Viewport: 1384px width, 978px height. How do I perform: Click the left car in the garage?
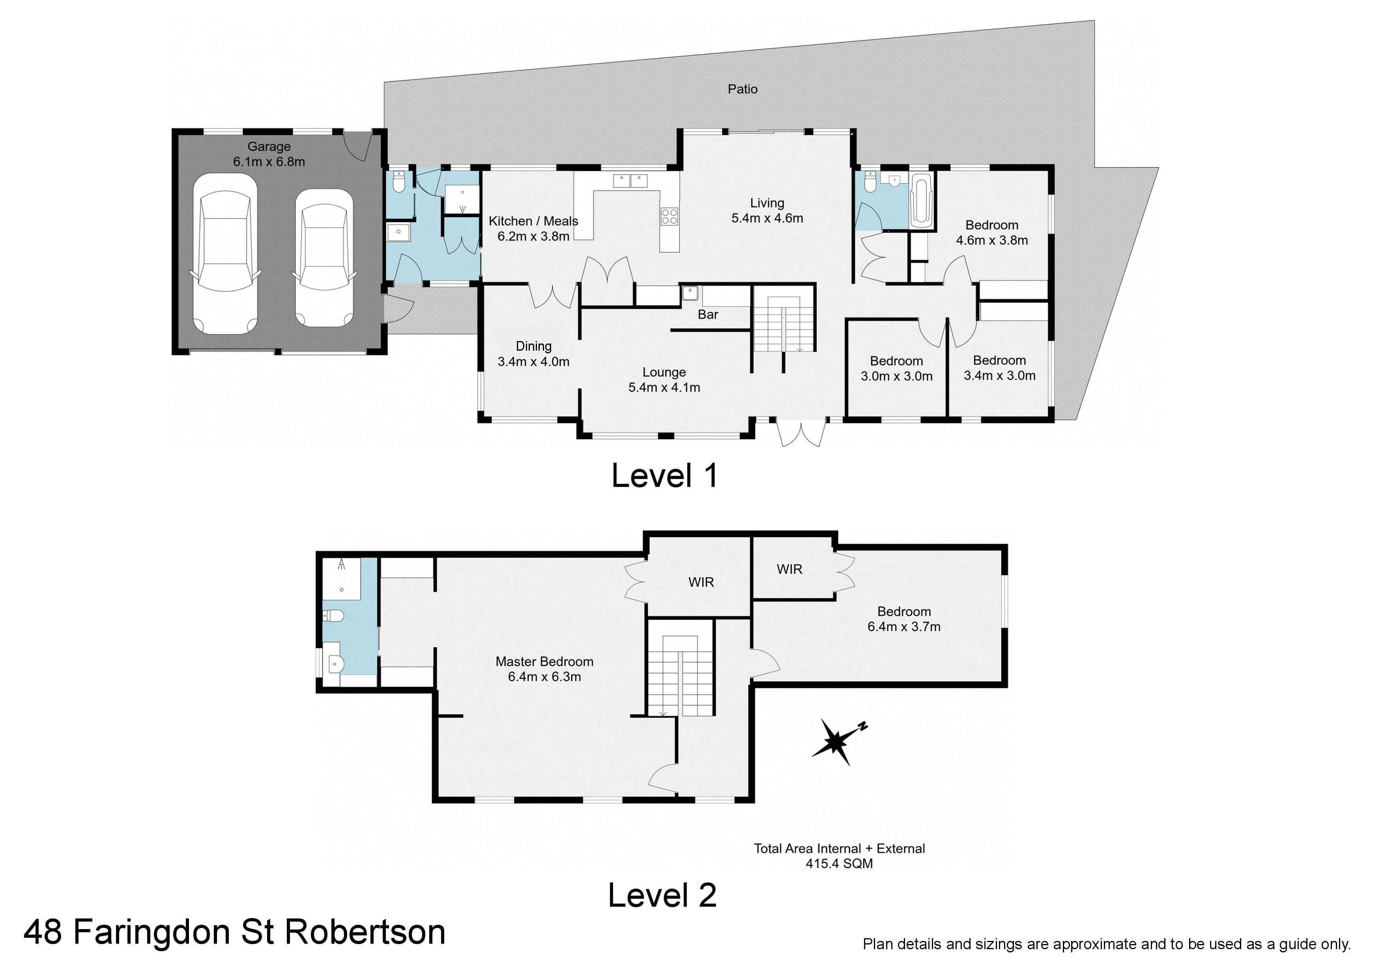point(225,254)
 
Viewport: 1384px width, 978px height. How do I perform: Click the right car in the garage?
point(324,258)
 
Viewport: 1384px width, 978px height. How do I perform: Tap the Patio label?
point(742,89)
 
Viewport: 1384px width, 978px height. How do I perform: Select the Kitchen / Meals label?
point(533,221)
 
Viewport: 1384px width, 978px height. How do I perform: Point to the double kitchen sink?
point(630,180)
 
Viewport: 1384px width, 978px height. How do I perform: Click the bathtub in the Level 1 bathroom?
point(921,200)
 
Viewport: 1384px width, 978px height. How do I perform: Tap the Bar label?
point(708,315)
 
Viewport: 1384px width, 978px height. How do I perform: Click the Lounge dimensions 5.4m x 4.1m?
point(664,388)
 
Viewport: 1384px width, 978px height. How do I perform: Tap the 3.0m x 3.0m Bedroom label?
point(896,369)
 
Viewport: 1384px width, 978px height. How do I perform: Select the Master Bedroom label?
point(544,662)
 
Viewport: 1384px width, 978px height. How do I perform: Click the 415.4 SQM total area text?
point(839,864)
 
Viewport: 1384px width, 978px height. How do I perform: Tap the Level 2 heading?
point(662,896)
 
